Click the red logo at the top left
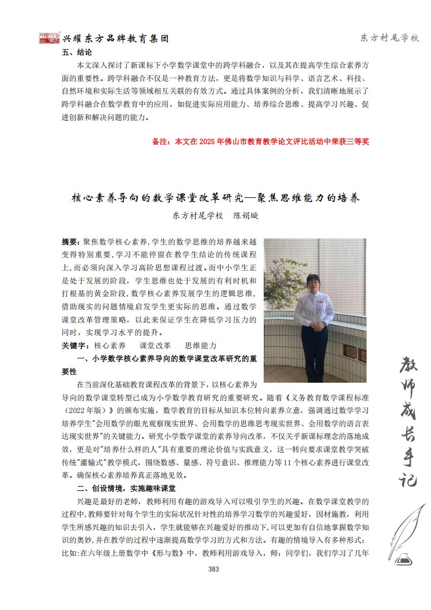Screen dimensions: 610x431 [x=50, y=38]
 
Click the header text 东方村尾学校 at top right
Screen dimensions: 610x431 [x=389, y=38]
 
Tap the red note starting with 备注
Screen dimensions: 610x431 [x=261, y=142]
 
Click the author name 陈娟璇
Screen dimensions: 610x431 [x=245, y=215]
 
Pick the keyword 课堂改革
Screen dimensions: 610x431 [x=155, y=346]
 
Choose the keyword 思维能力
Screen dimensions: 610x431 [x=200, y=346]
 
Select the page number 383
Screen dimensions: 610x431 [x=213, y=569]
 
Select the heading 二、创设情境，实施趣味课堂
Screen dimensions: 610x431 [x=126, y=489]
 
